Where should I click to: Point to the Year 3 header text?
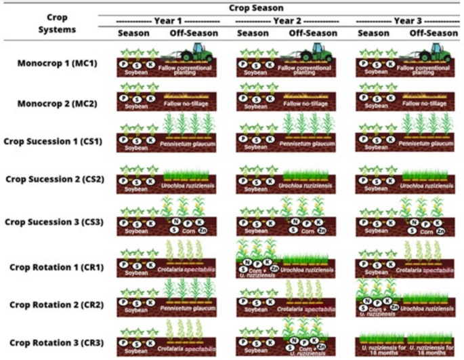pos(407,20)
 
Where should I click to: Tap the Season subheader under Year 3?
pos(373,33)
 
